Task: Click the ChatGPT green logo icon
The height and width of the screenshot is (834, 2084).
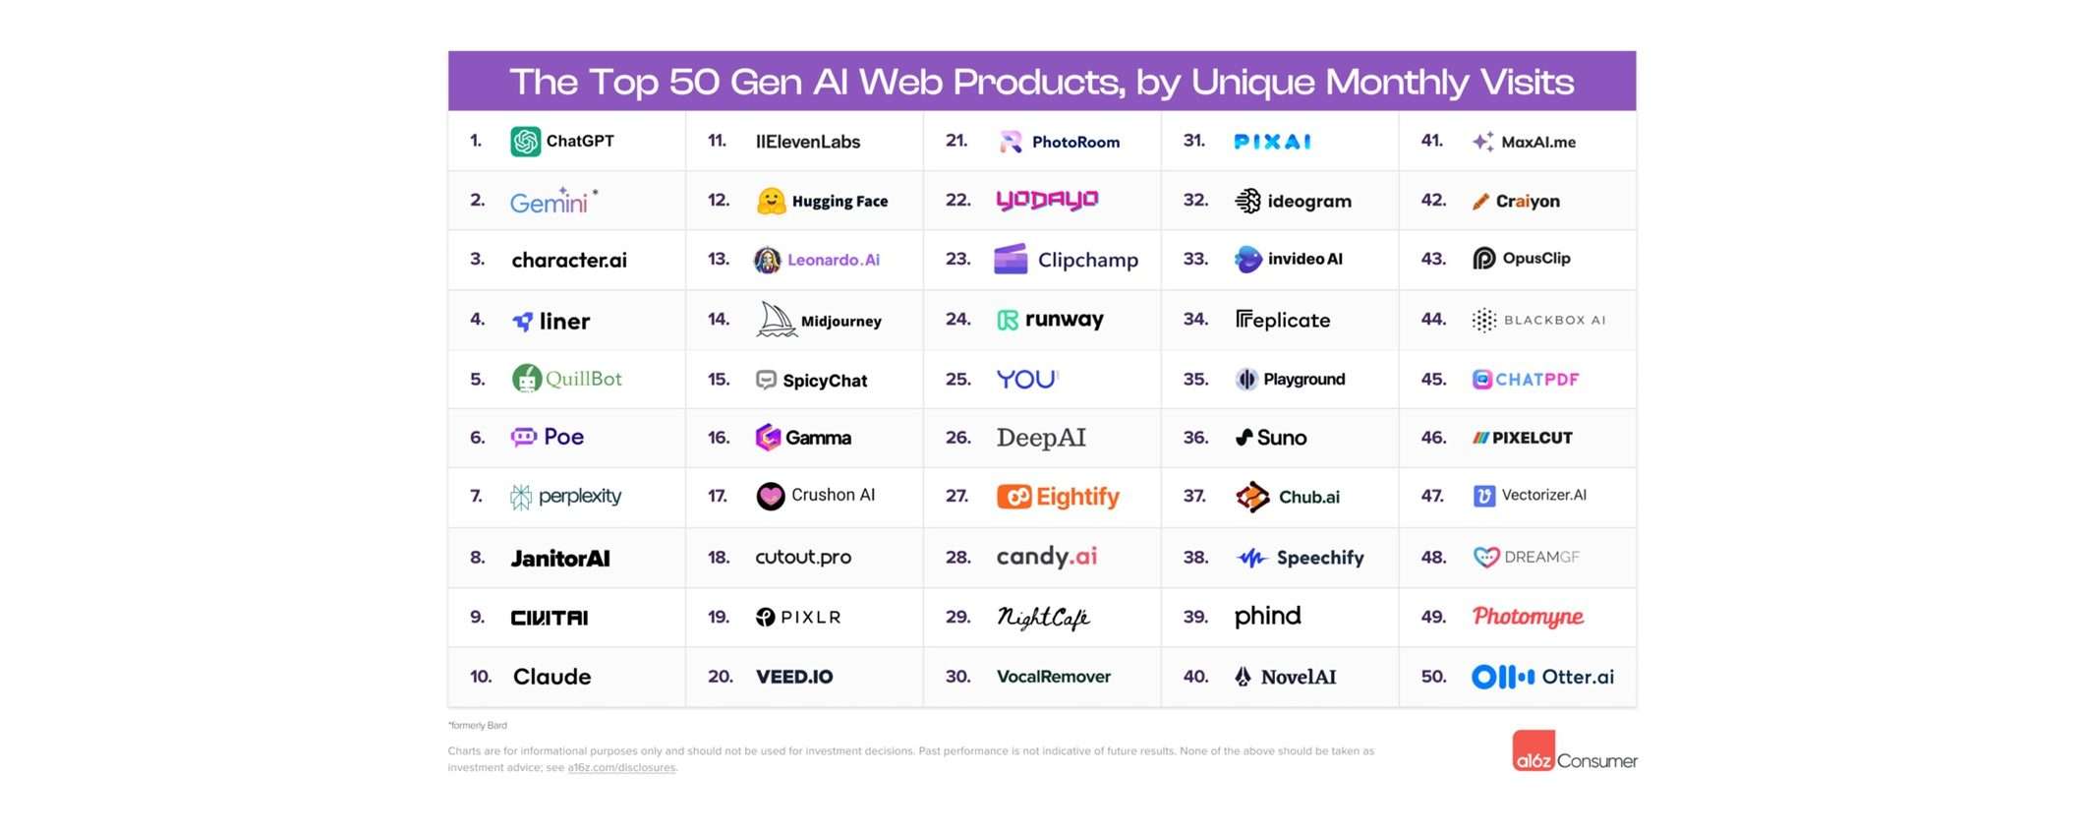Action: tap(525, 142)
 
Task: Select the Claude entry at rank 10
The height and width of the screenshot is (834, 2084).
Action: tap(551, 677)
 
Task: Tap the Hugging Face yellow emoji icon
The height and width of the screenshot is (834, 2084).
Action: tap(772, 202)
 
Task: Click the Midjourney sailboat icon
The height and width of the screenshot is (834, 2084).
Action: tap(776, 320)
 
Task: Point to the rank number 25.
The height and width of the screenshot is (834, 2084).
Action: tap(957, 380)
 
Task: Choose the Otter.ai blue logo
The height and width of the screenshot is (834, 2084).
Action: tap(1502, 677)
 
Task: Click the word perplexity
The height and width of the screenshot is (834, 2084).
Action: tap(580, 497)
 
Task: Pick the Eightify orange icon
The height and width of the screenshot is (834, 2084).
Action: tap(1013, 497)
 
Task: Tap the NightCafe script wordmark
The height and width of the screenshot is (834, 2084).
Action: tap(1043, 618)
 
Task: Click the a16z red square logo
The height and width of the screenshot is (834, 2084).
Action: tap(1534, 751)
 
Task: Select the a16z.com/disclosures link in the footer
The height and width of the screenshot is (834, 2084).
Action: tap(621, 768)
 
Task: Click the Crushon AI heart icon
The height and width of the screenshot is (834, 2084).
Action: tap(771, 497)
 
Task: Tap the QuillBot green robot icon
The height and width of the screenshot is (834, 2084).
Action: tap(527, 379)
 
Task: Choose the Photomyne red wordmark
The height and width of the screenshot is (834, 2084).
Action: tap(1528, 617)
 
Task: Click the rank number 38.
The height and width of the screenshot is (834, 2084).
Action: tap(1195, 558)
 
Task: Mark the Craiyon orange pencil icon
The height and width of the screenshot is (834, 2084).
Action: tap(1480, 202)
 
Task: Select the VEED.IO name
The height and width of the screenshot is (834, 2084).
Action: tap(794, 677)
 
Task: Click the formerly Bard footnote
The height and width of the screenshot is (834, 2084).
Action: tap(478, 726)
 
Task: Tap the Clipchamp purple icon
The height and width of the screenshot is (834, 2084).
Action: tap(1011, 260)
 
